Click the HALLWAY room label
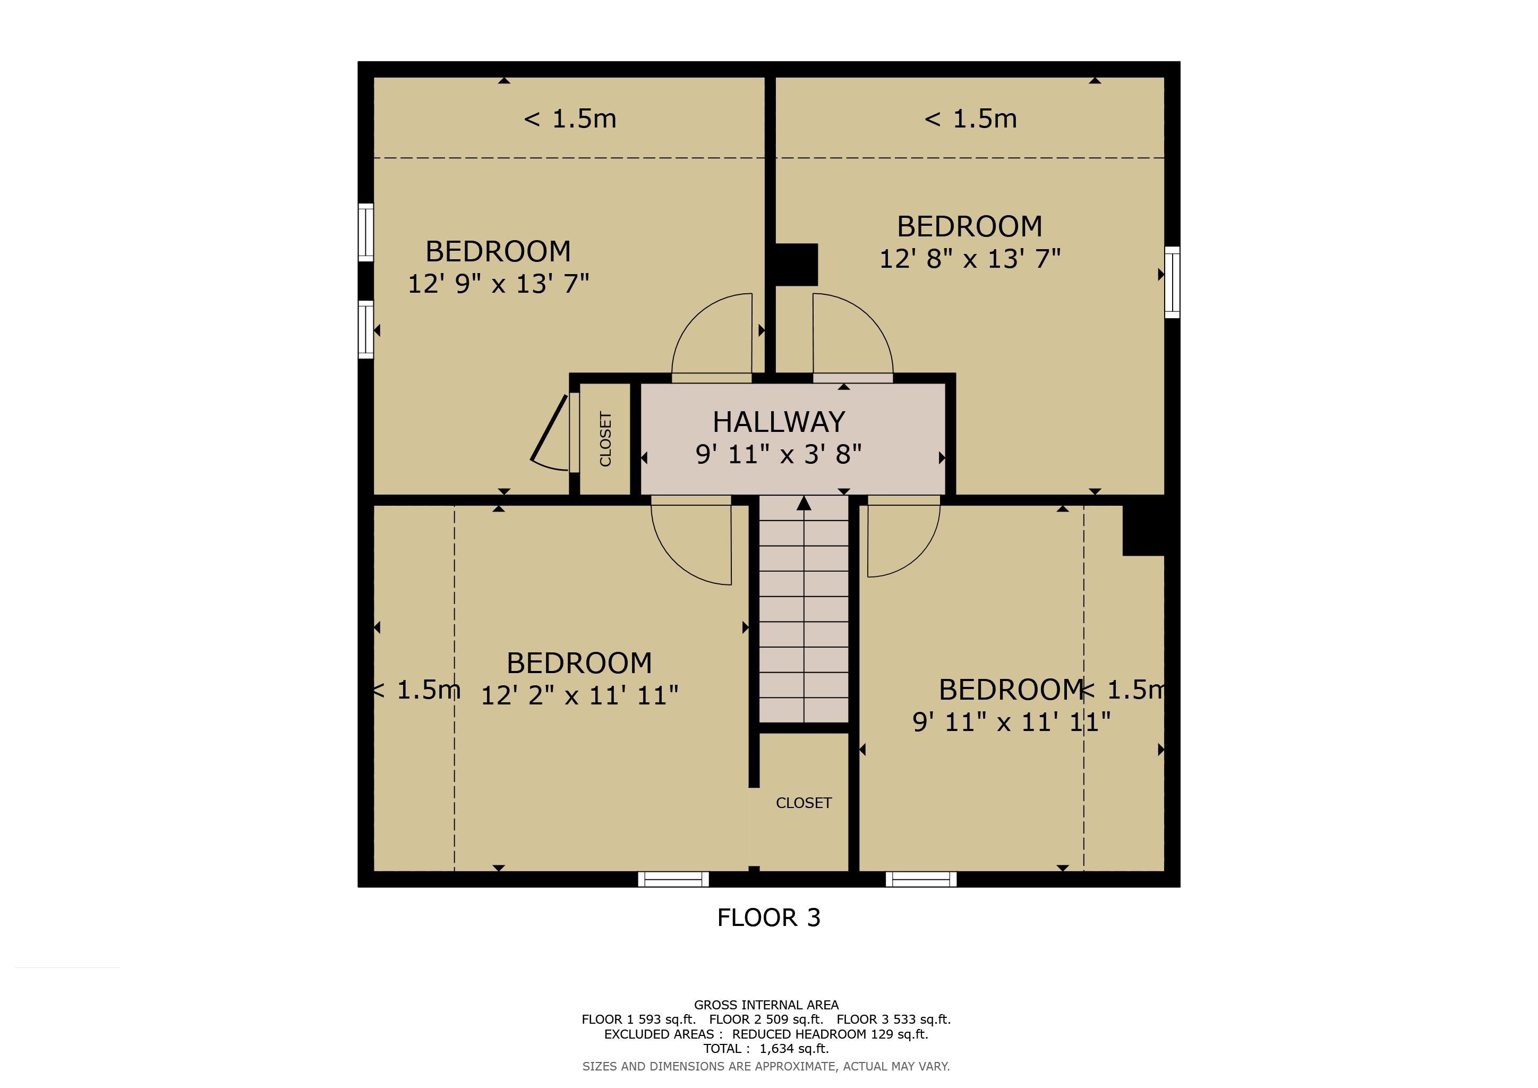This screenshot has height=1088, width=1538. coord(779,422)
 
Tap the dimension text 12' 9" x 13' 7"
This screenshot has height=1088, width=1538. coord(498,284)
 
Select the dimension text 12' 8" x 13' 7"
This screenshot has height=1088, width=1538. coord(970,259)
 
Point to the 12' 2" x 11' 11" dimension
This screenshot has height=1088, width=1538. coord(579,695)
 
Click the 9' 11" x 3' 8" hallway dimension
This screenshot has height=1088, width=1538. coord(779,454)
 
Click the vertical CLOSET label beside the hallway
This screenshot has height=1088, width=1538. coord(605,439)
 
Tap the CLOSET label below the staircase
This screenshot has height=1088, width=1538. coord(804,803)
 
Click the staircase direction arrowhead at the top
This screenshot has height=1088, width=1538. coord(804,503)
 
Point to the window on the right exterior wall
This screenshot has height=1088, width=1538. coord(1172,282)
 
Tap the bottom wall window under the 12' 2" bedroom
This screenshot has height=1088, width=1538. coord(673,879)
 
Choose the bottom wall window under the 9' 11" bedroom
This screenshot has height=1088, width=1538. coord(921,879)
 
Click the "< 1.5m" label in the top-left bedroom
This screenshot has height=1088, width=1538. coord(570,119)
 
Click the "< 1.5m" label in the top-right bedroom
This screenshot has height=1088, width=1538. coord(971,119)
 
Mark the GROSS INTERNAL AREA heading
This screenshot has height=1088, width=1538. coord(766,1005)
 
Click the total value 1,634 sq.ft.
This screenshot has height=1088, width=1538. coord(794,1049)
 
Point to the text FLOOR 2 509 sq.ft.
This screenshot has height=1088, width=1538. coord(766,1019)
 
